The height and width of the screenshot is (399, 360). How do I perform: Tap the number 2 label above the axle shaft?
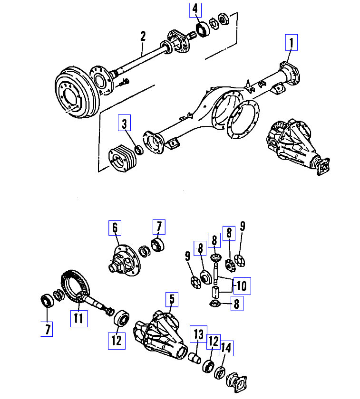coord(142,36)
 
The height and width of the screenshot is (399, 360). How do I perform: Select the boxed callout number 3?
coord(125,124)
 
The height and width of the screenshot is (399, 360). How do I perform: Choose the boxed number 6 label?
coord(115,228)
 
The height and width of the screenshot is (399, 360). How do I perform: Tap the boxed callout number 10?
coord(241,285)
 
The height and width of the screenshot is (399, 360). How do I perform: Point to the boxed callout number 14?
coord(226,349)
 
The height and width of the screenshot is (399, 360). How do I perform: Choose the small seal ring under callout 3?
coord(139,150)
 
